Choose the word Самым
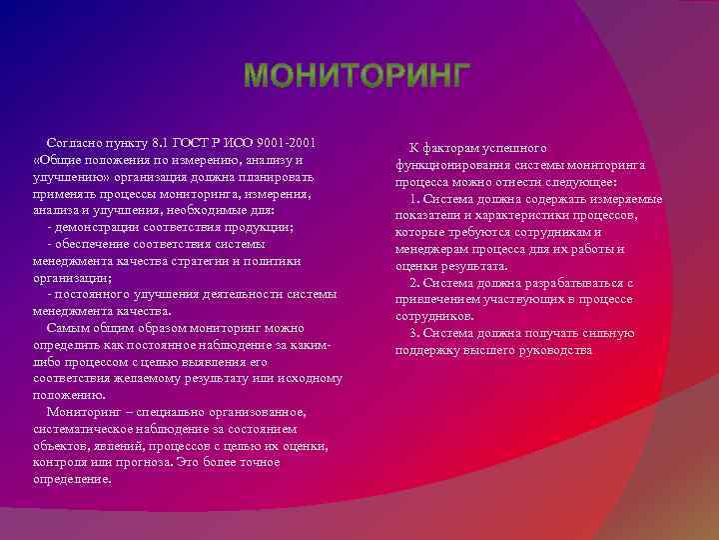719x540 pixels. tap(69, 328)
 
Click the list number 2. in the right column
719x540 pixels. tap(415, 283)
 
